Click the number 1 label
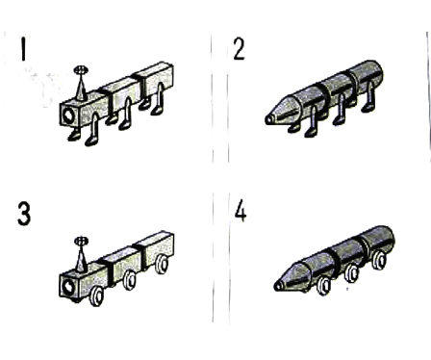[23, 49]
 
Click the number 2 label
[240, 49]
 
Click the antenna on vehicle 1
[81, 83]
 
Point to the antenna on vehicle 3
[81, 255]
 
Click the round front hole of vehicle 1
[68, 116]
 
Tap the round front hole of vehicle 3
[68, 287]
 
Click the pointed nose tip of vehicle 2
[266, 119]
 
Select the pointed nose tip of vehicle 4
[276, 286]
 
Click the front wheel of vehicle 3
[96, 296]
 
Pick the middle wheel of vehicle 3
[130, 280]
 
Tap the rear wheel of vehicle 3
[162, 264]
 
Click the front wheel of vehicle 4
[323, 285]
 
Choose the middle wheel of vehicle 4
[352, 273]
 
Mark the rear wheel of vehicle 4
[379, 260]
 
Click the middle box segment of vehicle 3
[122, 264]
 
